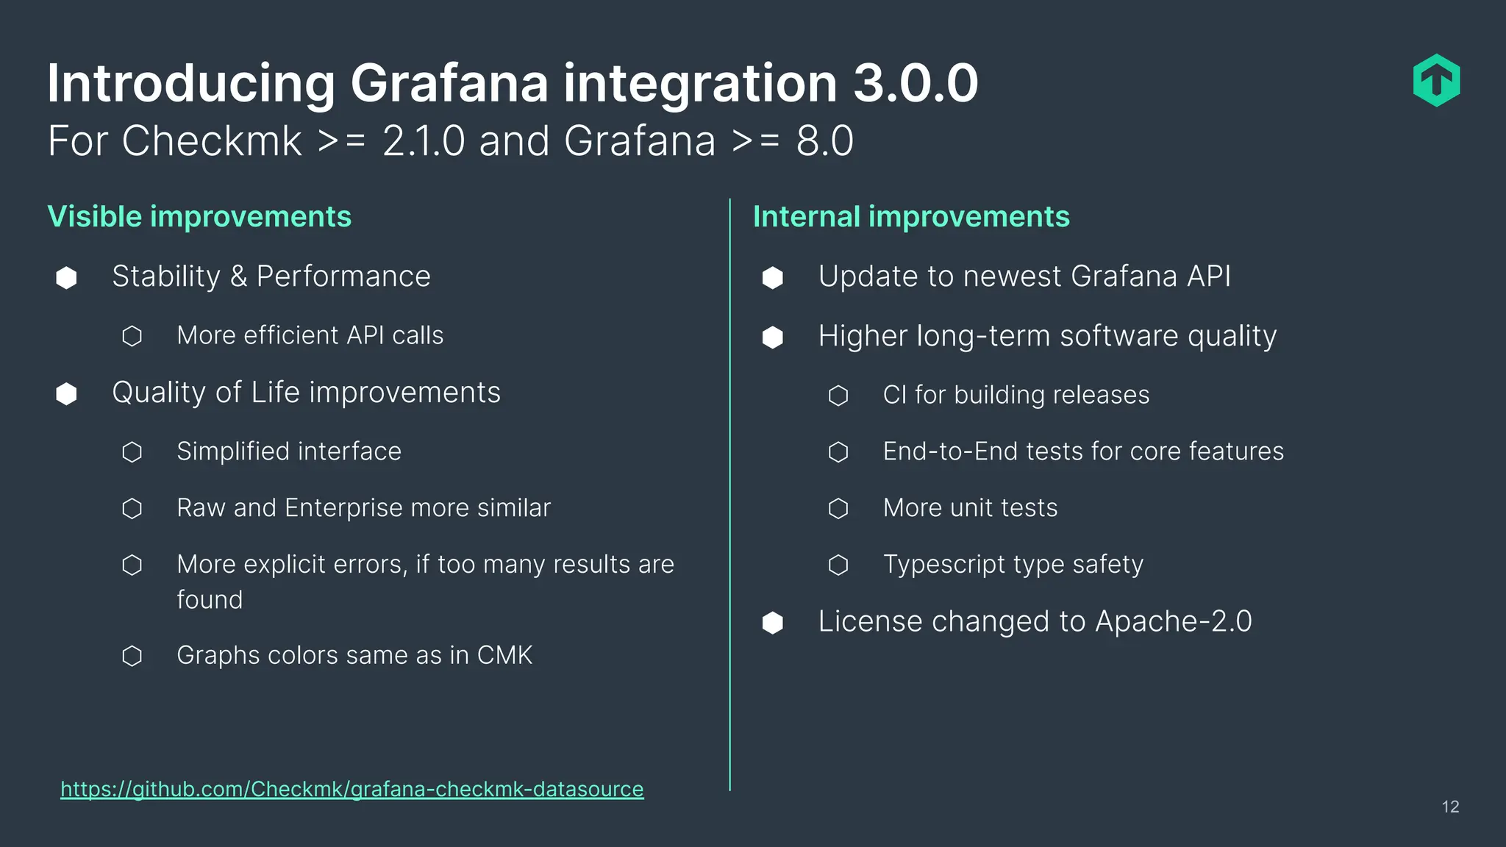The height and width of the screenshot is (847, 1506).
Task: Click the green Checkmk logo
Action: (x=1436, y=81)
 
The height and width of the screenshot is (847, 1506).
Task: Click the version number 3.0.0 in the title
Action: (x=916, y=83)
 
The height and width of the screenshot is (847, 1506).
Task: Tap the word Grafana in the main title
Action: (x=449, y=83)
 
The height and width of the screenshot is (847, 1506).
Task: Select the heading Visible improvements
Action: (x=199, y=217)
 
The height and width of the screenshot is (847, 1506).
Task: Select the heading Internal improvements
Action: (x=911, y=217)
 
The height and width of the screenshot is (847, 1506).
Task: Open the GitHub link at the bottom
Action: (x=351, y=789)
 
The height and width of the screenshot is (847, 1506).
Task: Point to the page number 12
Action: (x=1450, y=807)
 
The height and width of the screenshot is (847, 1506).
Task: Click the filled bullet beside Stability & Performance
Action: (x=67, y=278)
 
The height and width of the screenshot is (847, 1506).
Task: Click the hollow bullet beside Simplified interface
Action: (x=132, y=452)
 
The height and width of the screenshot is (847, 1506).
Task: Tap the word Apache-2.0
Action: (x=1173, y=622)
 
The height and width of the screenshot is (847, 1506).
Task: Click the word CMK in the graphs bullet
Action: (x=504, y=655)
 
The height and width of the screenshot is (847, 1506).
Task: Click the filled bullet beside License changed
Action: (x=773, y=623)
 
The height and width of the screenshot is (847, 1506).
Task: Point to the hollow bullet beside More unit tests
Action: (x=838, y=509)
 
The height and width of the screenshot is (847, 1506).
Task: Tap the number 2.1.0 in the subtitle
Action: (x=424, y=141)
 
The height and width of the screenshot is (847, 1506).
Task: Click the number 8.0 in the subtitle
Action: (x=824, y=141)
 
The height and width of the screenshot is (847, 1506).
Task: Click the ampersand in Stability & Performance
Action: (x=238, y=277)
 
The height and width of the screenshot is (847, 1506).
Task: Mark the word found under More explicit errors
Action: (x=210, y=600)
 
